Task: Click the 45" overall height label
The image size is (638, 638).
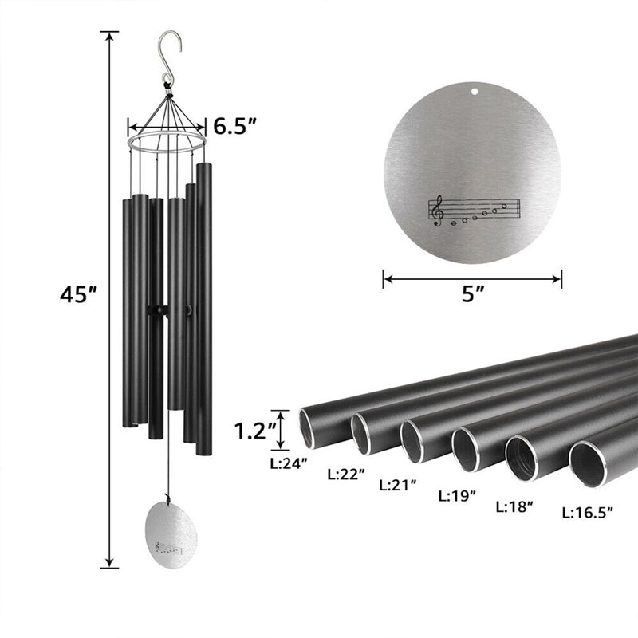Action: pyautogui.click(x=78, y=293)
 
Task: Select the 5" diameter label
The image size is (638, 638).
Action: pyautogui.click(x=473, y=293)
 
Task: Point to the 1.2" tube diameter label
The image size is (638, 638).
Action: pyautogui.click(x=255, y=431)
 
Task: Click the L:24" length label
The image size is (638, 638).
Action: pyautogui.click(x=289, y=463)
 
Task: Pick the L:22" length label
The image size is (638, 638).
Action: pyautogui.click(x=346, y=474)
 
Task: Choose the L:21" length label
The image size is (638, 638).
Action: pyautogui.click(x=398, y=485)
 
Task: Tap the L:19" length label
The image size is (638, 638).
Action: pyautogui.click(x=457, y=496)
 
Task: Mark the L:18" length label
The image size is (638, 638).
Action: pyautogui.click(x=514, y=507)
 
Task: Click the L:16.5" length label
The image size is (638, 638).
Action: pyautogui.click(x=587, y=513)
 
